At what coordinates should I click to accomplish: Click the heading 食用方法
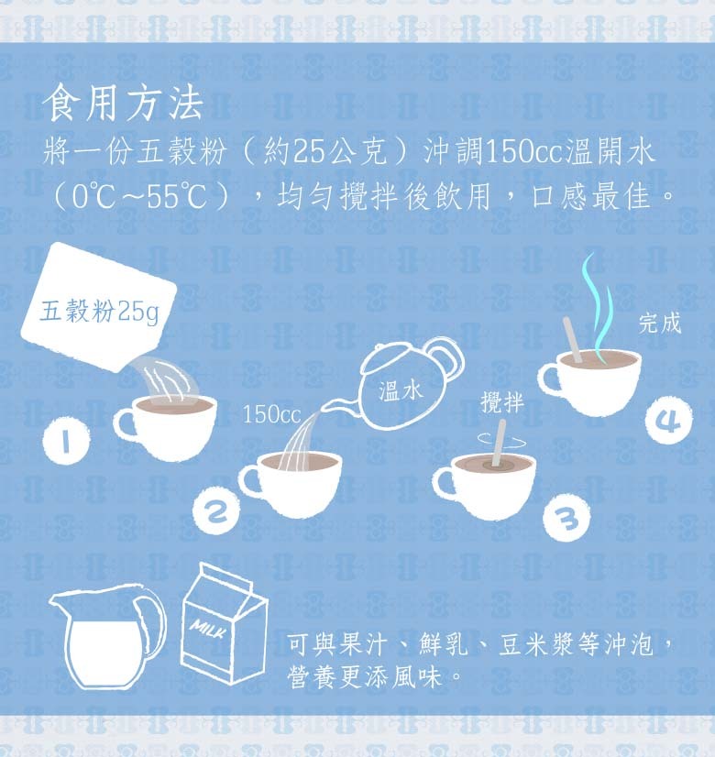tap(123, 103)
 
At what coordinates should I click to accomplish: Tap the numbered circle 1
tap(66, 441)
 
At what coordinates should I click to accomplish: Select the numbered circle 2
tap(215, 511)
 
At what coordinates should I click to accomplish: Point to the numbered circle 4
tap(668, 420)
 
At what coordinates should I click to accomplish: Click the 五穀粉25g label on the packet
tap(99, 312)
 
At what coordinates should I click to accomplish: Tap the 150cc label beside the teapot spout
tap(271, 414)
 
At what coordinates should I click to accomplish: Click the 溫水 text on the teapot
tap(401, 390)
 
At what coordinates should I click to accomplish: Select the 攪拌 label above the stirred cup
tap(502, 402)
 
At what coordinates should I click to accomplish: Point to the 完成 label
tap(659, 323)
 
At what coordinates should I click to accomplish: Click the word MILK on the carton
tap(207, 628)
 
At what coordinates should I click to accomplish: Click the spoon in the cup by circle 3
tap(499, 444)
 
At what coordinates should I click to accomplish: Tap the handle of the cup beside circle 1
tap(125, 425)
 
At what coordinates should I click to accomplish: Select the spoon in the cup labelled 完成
tap(572, 339)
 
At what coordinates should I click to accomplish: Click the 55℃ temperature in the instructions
tap(177, 196)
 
